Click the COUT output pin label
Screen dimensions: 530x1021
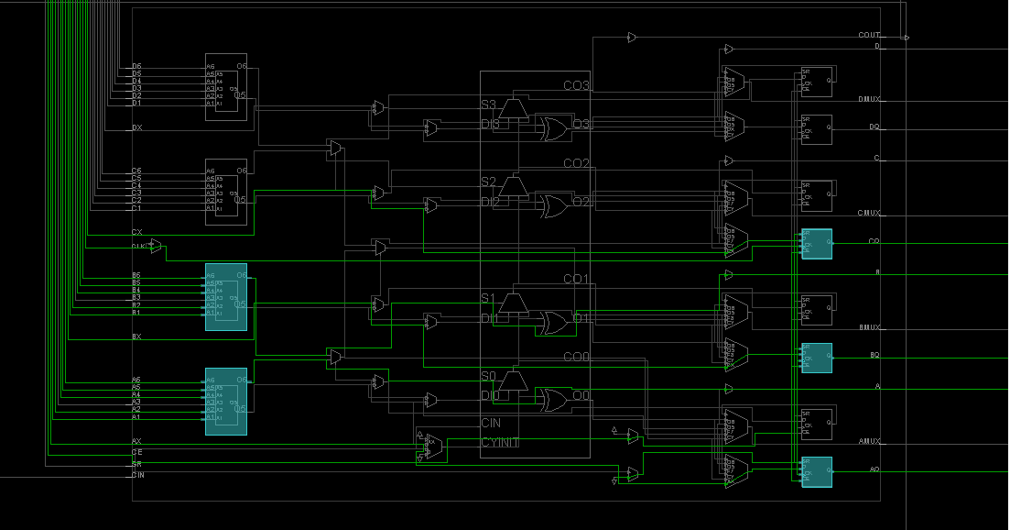[x=868, y=35]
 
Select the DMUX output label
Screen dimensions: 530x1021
[x=869, y=99]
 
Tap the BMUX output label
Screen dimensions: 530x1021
[x=869, y=327]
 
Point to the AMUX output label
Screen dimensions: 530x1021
[x=869, y=441]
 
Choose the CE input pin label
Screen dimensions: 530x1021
[x=136, y=452]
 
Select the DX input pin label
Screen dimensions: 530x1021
[x=136, y=127]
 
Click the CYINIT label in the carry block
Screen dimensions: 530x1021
[x=500, y=443]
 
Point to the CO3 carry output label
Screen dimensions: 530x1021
[x=576, y=85]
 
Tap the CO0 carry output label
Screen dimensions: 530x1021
[x=576, y=357]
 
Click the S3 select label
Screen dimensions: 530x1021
[x=488, y=105]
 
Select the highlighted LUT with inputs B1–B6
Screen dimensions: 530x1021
[x=225, y=296]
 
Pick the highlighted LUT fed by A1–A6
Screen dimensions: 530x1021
[x=225, y=401]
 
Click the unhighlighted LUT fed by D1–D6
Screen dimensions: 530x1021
[x=225, y=86]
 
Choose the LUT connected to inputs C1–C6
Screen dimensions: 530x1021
[x=225, y=191]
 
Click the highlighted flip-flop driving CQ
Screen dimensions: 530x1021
[x=816, y=244]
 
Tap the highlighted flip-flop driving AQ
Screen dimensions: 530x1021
[x=816, y=471]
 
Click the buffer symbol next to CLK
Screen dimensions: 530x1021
[x=156, y=246]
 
